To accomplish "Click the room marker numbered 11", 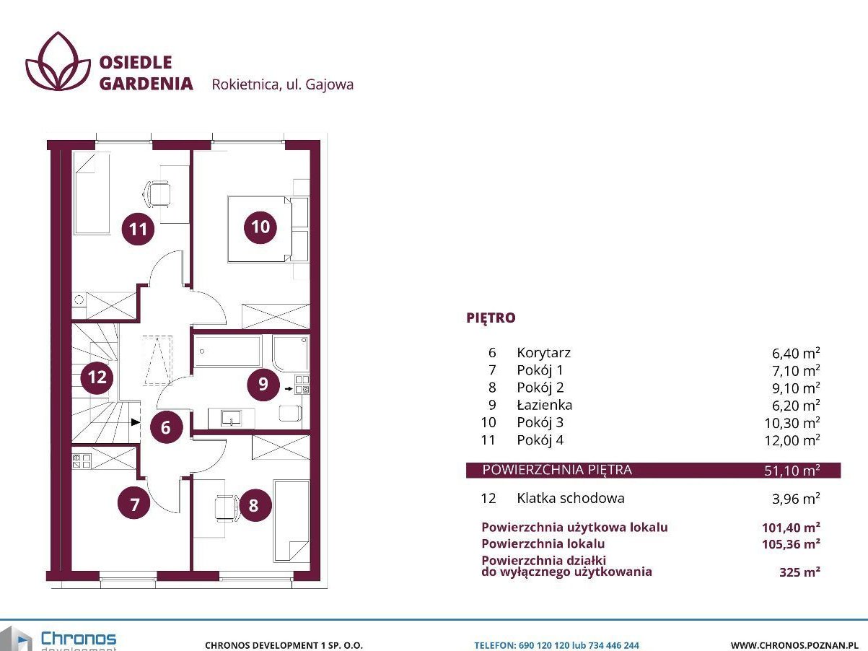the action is (x=138, y=229).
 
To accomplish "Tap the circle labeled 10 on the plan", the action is (x=260, y=227).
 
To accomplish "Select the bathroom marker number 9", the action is (x=263, y=384).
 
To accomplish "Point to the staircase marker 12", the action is (x=97, y=377).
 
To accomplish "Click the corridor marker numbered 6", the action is (x=166, y=427).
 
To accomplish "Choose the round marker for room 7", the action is (x=134, y=504).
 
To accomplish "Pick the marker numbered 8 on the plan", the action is (x=253, y=505).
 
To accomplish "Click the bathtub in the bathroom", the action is (x=227, y=351).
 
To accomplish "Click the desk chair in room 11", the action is (x=157, y=194).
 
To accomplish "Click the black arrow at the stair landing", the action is (x=136, y=422).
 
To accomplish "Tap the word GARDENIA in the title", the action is (x=146, y=84).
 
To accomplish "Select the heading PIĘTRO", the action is (x=491, y=318).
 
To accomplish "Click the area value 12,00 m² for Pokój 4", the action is (x=792, y=440).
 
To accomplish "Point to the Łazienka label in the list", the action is (x=545, y=405).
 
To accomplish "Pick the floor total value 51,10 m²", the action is (x=792, y=471).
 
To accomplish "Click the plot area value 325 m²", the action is (x=799, y=572).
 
